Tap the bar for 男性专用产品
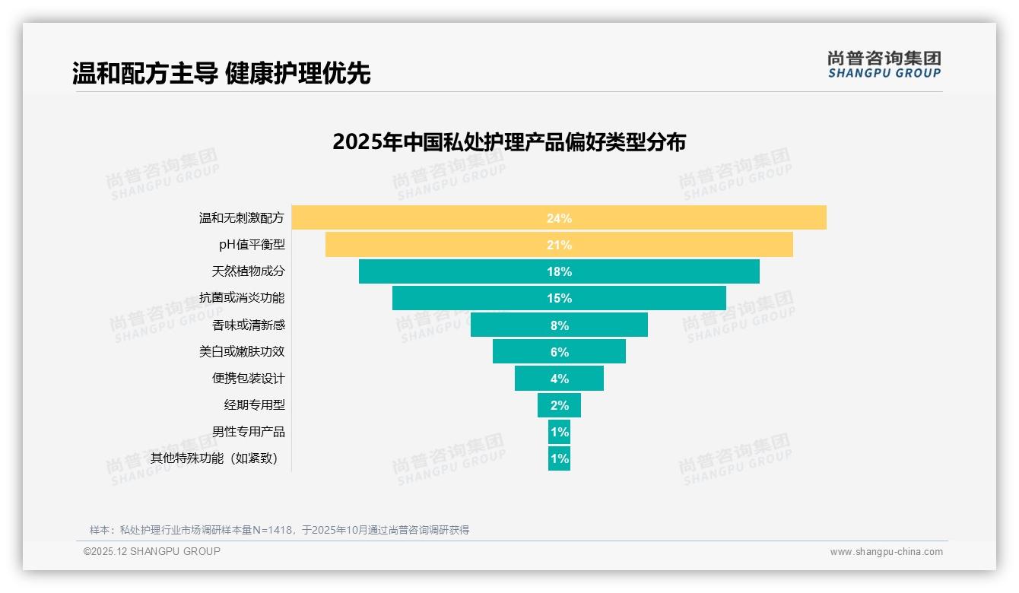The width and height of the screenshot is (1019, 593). point(559,432)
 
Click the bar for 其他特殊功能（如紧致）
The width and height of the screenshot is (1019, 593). point(559,458)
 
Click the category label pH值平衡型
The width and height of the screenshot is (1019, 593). point(252,245)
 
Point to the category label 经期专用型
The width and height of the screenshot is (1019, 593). point(254,404)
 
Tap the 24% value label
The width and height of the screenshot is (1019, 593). point(559,218)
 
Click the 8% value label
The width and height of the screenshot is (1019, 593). point(559,325)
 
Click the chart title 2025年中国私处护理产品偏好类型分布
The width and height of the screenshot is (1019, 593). point(509,142)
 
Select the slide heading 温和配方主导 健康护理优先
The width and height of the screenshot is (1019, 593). point(221,74)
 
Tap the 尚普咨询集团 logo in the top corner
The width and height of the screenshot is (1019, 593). point(884,64)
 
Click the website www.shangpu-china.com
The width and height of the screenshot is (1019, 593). point(886,552)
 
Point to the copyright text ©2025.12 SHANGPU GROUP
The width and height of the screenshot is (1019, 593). point(152,551)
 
